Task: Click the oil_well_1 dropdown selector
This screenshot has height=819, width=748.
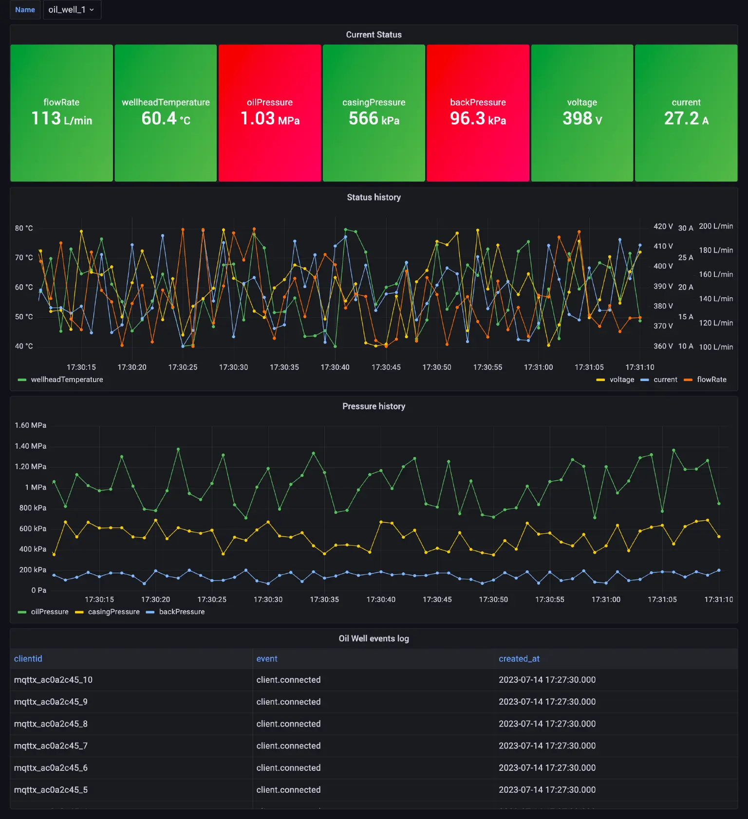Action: point(72,10)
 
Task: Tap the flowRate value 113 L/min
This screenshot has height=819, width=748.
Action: point(61,118)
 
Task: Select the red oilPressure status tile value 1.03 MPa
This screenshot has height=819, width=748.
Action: point(270,118)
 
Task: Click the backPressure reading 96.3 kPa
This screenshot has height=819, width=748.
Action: point(478,118)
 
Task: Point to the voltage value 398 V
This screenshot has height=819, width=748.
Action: point(582,118)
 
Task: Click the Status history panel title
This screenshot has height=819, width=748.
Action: point(374,197)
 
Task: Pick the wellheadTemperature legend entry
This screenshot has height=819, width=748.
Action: point(67,380)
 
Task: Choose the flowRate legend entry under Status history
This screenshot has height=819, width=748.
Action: point(711,380)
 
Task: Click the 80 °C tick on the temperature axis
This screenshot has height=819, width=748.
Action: point(24,228)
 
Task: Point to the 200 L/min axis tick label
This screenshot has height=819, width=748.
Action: point(715,226)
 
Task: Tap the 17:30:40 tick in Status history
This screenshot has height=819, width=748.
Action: point(335,367)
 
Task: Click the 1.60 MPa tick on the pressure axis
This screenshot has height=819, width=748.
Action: point(30,425)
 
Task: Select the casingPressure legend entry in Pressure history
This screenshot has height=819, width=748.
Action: point(113,612)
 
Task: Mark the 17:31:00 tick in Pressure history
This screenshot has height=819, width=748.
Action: point(606,600)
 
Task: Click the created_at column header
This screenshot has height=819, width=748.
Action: point(519,658)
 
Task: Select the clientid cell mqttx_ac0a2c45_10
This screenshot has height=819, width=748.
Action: point(53,680)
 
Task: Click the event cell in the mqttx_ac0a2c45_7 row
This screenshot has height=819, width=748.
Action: point(288,746)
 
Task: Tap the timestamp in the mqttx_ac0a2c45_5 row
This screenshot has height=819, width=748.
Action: point(547,789)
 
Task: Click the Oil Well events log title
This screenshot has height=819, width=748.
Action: point(374,638)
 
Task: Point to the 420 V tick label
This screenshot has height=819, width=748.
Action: point(663,226)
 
